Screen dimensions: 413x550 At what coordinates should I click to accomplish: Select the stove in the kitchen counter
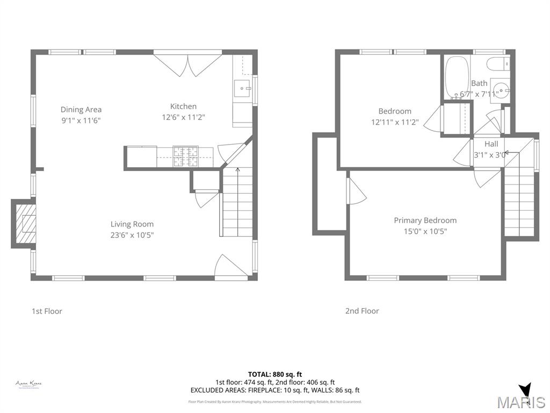click(185, 156)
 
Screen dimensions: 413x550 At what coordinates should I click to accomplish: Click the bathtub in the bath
click(457, 77)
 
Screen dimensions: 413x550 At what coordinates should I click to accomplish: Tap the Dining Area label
click(81, 110)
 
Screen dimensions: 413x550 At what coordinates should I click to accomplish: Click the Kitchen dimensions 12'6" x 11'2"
click(183, 117)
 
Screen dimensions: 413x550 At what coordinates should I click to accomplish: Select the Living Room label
click(132, 224)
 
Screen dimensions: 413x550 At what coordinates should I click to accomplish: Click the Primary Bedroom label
click(425, 220)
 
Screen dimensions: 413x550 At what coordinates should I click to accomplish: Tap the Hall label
click(491, 144)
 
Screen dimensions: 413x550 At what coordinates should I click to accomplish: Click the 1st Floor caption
click(47, 311)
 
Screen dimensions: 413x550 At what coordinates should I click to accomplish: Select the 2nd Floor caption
click(361, 311)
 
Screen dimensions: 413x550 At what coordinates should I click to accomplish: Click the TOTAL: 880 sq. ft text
click(274, 374)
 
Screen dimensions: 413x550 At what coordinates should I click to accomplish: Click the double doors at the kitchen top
click(187, 63)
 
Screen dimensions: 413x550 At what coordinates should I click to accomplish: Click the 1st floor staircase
click(237, 202)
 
